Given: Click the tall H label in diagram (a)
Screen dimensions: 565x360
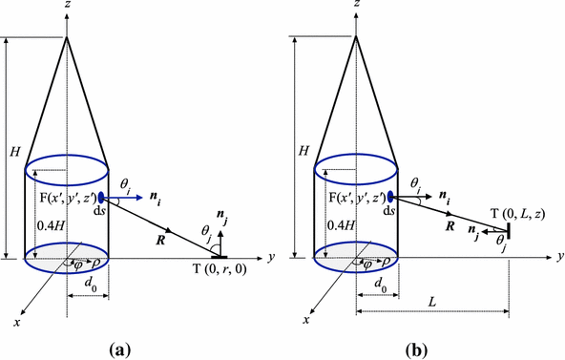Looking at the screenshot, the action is pyautogui.click(x=11, y=151).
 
